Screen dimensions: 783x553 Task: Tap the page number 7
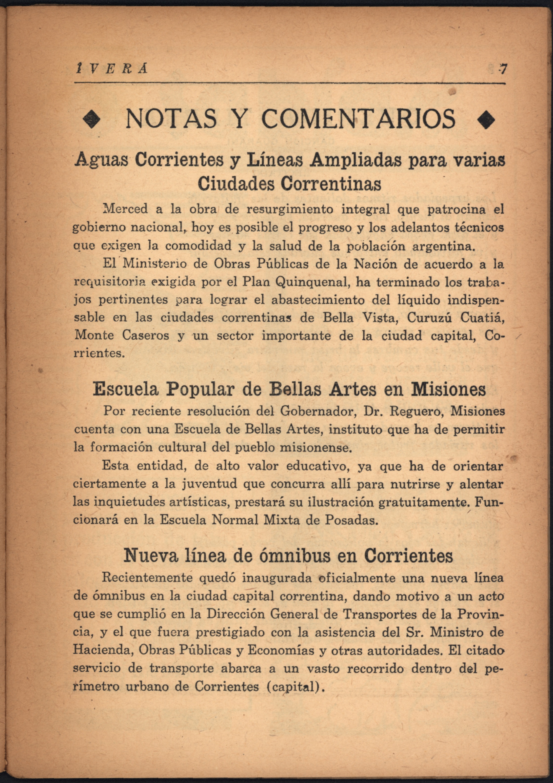(503, 69)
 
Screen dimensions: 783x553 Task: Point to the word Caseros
(146, 336)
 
